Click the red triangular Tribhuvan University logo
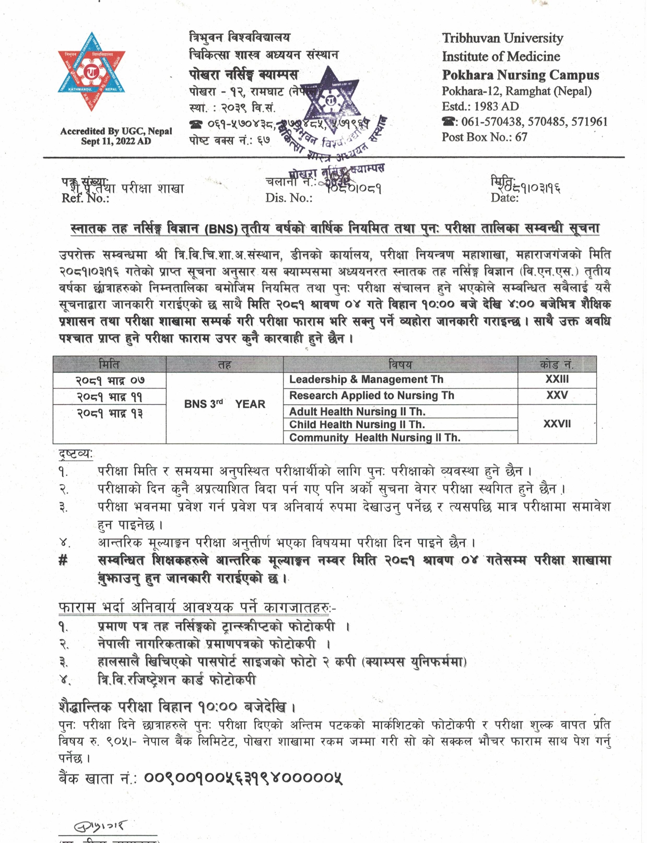pos(91,71)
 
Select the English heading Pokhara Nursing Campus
pos(520,75)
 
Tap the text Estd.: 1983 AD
pos(480,107)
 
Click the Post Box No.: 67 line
pos(484,137)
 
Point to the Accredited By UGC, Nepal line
pos(116,132)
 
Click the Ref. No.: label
pos(85,198)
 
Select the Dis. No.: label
pos(288,198)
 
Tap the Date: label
pos(504,197)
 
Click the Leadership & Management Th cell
pos(366,380)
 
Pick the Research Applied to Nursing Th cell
pos(371,396)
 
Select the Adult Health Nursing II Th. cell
pos(357,412)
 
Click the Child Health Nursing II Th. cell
pos(357,425)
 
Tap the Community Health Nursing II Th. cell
pos(374,438)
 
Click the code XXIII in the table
pos(557,380)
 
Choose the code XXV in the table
pos(557,396)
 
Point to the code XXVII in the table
pos(557,424)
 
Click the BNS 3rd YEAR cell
pos(225,404)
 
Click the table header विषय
pos(400,364)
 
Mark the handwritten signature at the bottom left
pos(99,826)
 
